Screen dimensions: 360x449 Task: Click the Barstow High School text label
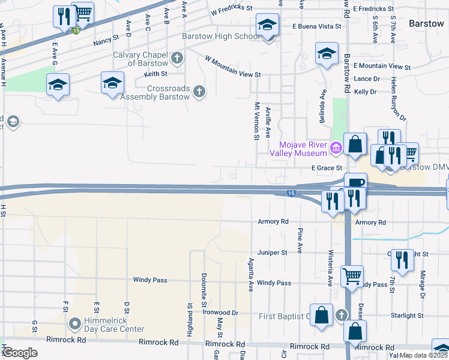pos(221,36)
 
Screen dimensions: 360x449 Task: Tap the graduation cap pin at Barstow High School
pos(267,25)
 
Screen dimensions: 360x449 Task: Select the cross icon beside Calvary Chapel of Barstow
pos(176,59)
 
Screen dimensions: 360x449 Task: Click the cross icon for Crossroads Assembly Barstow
pos(199,92)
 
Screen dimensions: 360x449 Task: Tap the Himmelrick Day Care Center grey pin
pos(75,325)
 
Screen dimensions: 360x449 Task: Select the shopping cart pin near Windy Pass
pos(352,277)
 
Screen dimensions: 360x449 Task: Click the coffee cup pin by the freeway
pos(355,182)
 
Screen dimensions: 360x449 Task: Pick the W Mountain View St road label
pos(233,67)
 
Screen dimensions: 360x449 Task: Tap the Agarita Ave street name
pos(251,275)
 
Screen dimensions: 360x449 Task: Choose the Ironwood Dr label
pos(220,313)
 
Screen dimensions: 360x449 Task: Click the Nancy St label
pos(106,43)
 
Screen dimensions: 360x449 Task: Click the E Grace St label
pos(326,168)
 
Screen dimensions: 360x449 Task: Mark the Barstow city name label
pos(426,23)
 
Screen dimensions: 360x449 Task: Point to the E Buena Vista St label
pos(316,26)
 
